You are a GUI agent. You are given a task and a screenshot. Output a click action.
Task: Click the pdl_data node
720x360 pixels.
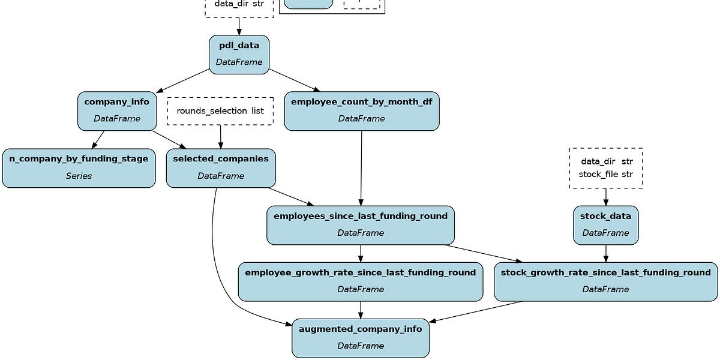(x=239, y=55)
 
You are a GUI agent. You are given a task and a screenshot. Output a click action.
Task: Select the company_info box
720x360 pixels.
(x=117, y=110)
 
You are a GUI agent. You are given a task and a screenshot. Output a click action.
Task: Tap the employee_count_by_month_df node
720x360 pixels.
(x=361, y=110)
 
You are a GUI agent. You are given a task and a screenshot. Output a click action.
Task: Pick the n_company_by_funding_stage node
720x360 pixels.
(x=79, y=168)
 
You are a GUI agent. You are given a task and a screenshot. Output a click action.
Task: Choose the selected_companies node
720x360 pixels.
(x=221, y=168)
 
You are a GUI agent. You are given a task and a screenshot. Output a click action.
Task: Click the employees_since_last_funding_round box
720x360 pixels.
(x=360, y=225)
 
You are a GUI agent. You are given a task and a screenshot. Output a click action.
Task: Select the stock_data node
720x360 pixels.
(x=605, y=225)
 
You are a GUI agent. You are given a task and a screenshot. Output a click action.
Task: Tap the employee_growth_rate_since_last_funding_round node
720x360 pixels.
(x=360, y=281)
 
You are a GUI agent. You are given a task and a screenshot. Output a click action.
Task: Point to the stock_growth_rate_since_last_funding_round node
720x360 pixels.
(x=605, y=281)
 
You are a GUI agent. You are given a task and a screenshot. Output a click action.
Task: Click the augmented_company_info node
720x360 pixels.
(x=360, y=338)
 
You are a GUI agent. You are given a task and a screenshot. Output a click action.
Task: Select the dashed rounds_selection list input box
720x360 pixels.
(x=220, y=111)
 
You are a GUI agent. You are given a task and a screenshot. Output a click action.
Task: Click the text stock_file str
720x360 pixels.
(x=605, y=175)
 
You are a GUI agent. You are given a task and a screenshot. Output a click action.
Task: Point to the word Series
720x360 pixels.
(x=79, y=176)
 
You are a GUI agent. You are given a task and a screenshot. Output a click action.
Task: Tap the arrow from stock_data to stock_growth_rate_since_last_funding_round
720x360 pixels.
(x=605, y=253)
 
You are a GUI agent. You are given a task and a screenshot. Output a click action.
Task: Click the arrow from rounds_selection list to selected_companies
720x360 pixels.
(x=220, y=137)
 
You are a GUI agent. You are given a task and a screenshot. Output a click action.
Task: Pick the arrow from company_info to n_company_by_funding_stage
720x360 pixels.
(x=98, y=139)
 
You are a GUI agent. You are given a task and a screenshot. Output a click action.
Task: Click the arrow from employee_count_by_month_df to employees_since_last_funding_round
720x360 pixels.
(x=361, y=168)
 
